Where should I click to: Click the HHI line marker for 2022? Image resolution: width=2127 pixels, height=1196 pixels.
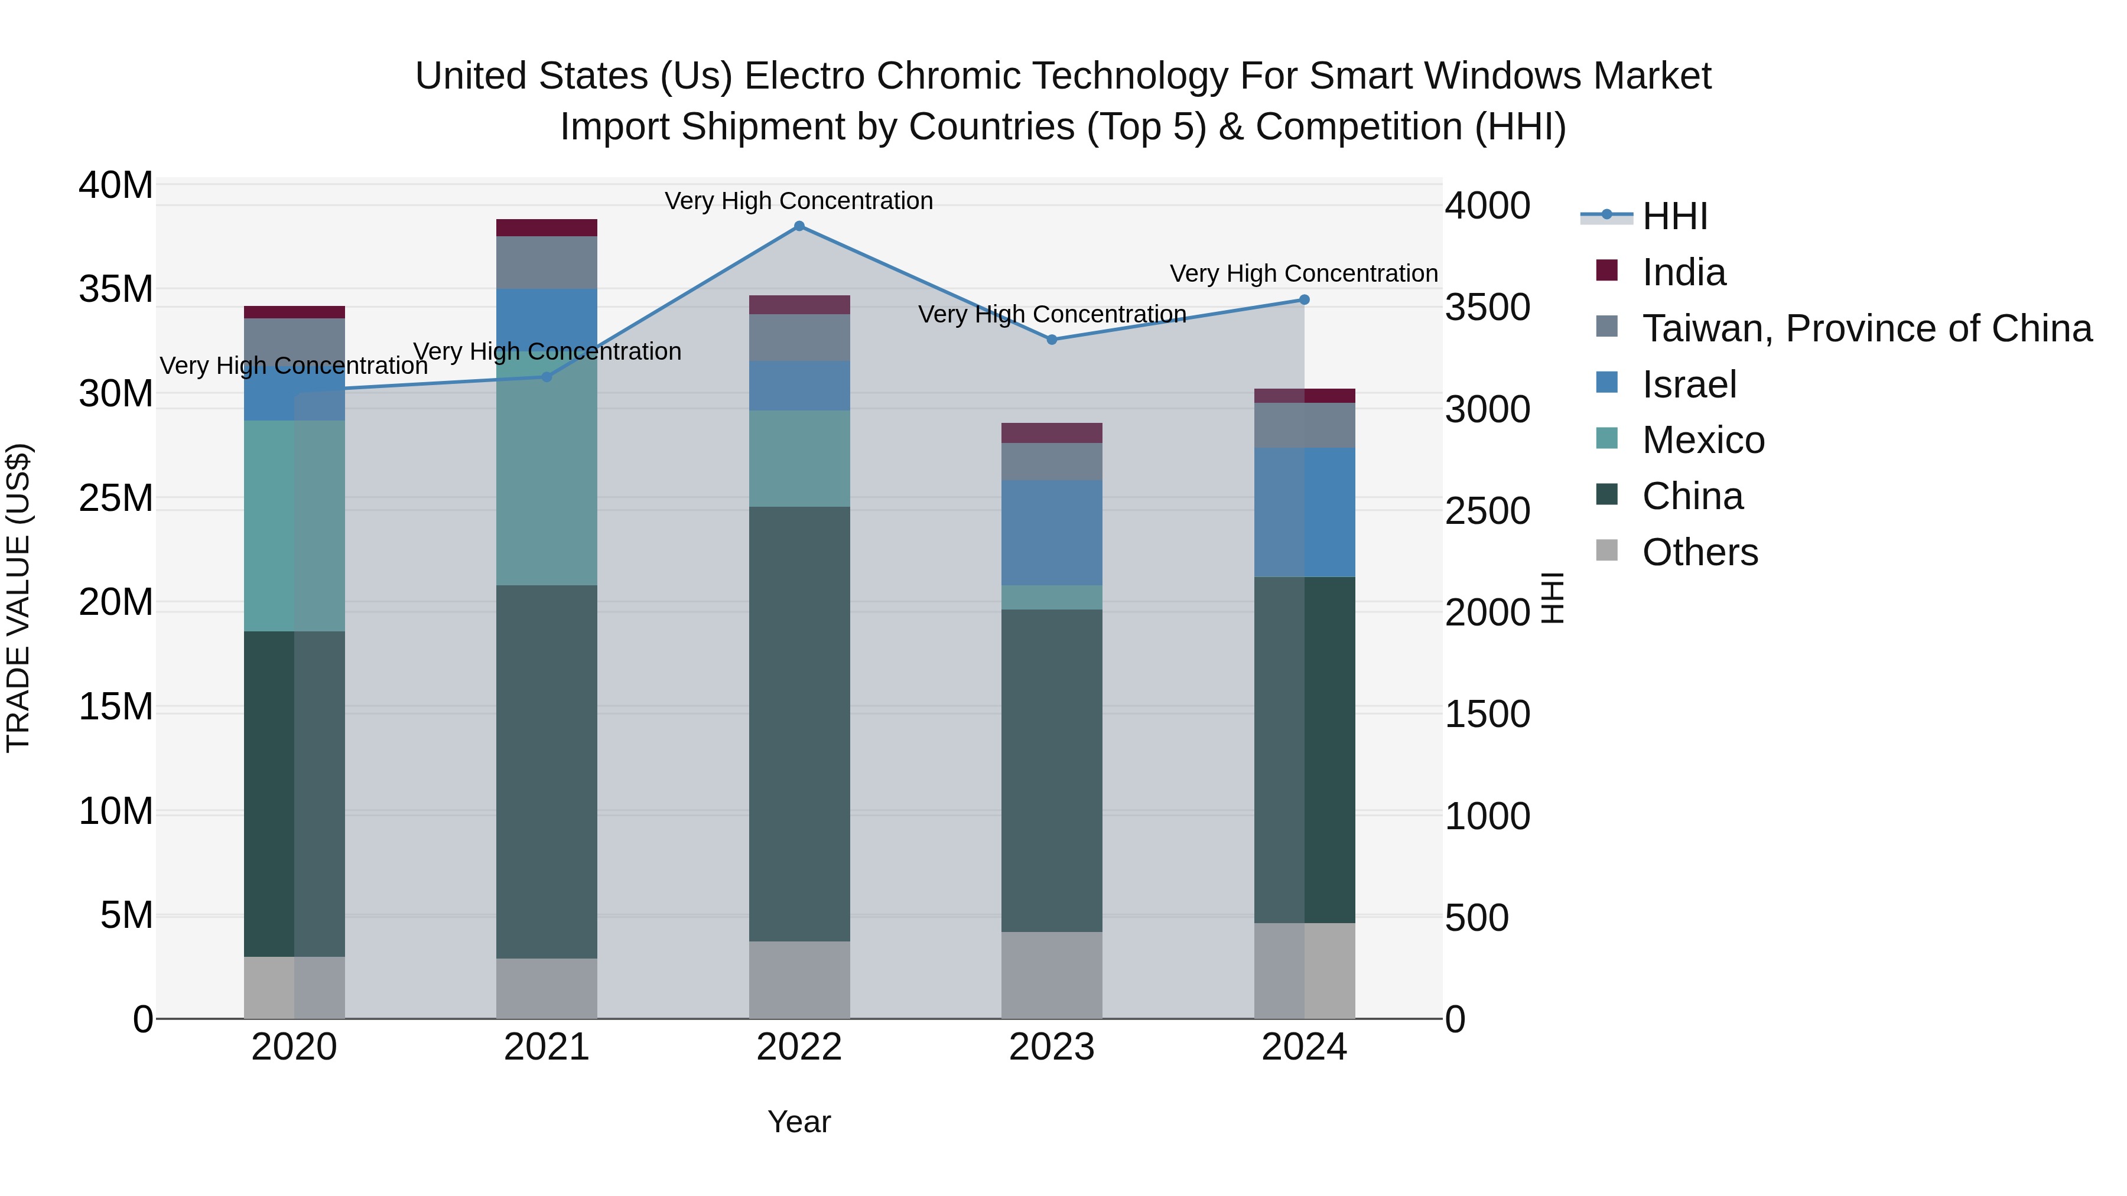[798, 226]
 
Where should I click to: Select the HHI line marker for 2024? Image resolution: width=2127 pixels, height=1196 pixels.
[1304, 299]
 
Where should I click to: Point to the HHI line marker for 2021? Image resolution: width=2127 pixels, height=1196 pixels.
[546, 376]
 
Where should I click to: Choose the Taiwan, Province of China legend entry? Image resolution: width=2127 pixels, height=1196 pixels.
[1866, 328]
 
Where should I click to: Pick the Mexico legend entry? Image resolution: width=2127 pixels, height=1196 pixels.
[1703, 440]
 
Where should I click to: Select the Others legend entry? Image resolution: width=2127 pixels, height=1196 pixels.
[1699, 552]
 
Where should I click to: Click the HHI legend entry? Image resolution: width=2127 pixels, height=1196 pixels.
[1674, 216]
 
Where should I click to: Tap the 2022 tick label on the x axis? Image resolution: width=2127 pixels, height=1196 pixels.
[798, 1047]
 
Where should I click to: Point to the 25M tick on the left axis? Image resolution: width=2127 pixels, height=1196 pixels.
[116, 498]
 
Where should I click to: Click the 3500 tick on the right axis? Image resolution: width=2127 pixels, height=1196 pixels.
[1487, 308]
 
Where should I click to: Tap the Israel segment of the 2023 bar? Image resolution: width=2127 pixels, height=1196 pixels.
[1051, 532]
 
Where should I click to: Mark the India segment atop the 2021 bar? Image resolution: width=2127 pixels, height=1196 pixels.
[546, 228]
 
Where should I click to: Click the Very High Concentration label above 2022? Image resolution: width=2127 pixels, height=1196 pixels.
[798, 201]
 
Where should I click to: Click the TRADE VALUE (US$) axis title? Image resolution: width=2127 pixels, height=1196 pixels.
[19, 598]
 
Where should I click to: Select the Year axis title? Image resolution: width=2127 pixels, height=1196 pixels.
[798, 1122]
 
